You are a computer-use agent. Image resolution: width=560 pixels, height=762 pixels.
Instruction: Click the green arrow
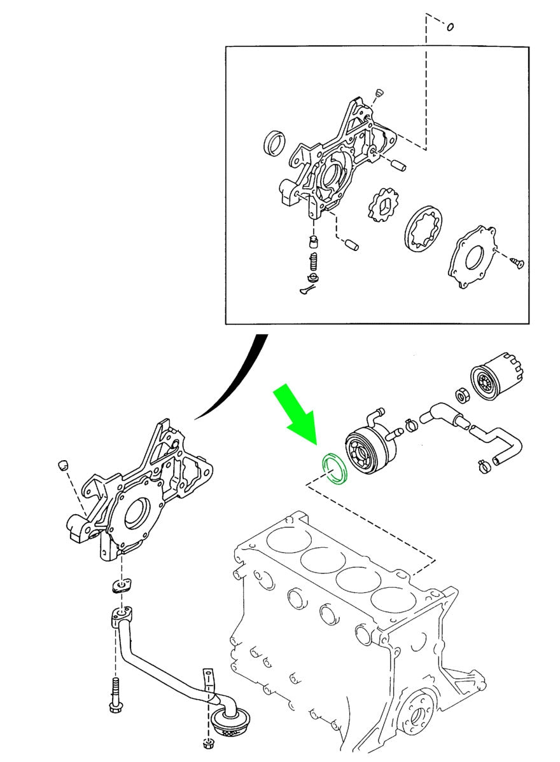click(298, 414)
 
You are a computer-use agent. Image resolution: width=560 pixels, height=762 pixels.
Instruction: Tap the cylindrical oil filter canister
click(495, 376)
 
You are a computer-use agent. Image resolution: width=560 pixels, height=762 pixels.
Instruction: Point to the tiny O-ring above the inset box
click(450, 27)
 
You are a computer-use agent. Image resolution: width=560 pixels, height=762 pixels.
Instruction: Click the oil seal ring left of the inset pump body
click(274, 143)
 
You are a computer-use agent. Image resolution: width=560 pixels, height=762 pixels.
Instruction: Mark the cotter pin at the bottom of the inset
click(307, 290)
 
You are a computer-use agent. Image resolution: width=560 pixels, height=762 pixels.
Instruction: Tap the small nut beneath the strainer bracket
click(207, 744)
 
